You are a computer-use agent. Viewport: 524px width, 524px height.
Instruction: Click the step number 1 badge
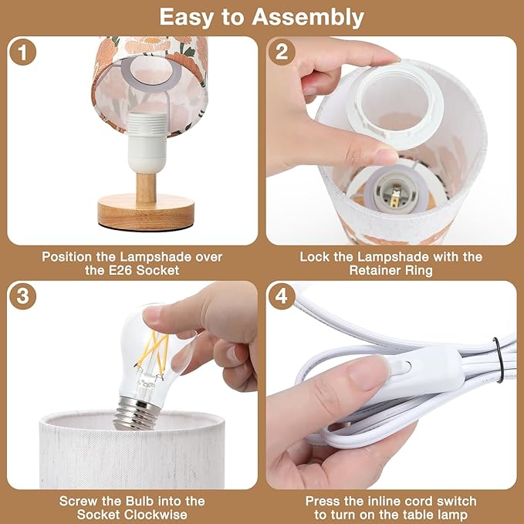click(x=22, y=52)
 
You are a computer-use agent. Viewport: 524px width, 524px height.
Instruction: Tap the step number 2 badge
click(x=282, y=52)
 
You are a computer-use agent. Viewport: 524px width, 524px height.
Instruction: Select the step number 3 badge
click(x=22, y=296)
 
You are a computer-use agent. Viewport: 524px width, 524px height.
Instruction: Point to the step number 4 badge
click(x=282, y=296)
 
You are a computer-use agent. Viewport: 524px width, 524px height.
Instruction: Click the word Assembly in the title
click(x=308, y=18)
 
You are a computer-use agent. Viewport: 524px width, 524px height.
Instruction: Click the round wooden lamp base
click(x=146, y=212)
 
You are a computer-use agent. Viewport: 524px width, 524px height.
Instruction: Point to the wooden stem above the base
click(x=146, y=188)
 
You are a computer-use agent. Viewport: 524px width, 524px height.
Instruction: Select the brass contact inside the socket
click(x=396, y=198)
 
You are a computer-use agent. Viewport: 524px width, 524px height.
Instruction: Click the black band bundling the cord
click(x=498, y=360)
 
